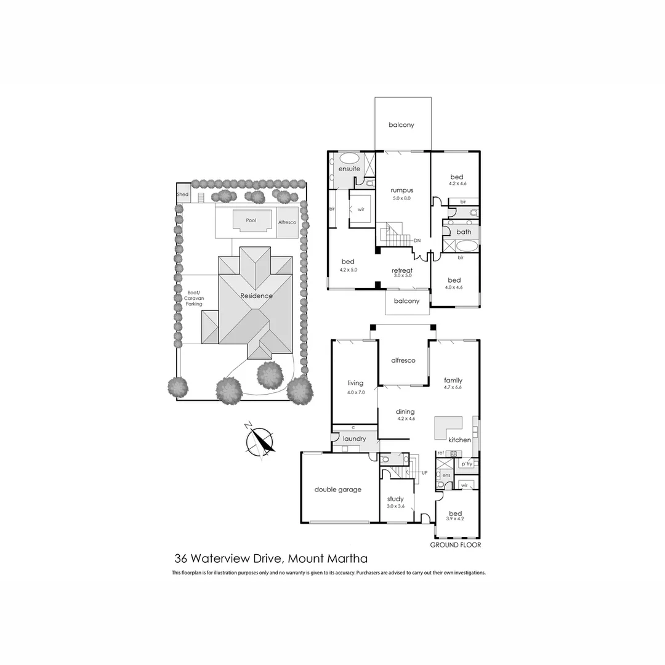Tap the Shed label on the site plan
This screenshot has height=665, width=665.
[182, 195]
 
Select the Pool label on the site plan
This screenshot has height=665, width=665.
[250, 220]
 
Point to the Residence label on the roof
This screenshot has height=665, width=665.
[256, 296]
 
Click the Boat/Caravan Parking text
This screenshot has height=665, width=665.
[193, 299]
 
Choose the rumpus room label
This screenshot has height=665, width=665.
[401, 190]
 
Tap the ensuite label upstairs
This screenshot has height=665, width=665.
[349, 169]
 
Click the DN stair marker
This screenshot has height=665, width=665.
[417, 240]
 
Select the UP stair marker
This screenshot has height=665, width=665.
[424, 473]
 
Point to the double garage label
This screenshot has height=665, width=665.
[337, 490]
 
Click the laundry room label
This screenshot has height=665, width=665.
[355, 439]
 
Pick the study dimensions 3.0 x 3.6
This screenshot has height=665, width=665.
[395, 506]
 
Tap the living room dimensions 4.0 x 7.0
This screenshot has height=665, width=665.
[355, 392]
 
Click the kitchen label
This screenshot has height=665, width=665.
[459, 440]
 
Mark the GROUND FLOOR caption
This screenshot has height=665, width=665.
[455, 545]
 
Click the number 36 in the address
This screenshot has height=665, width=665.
[181, 559]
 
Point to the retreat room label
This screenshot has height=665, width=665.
[402, 270]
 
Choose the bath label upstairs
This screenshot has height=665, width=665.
[464, 232]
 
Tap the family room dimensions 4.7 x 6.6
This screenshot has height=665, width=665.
[452, 387]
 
